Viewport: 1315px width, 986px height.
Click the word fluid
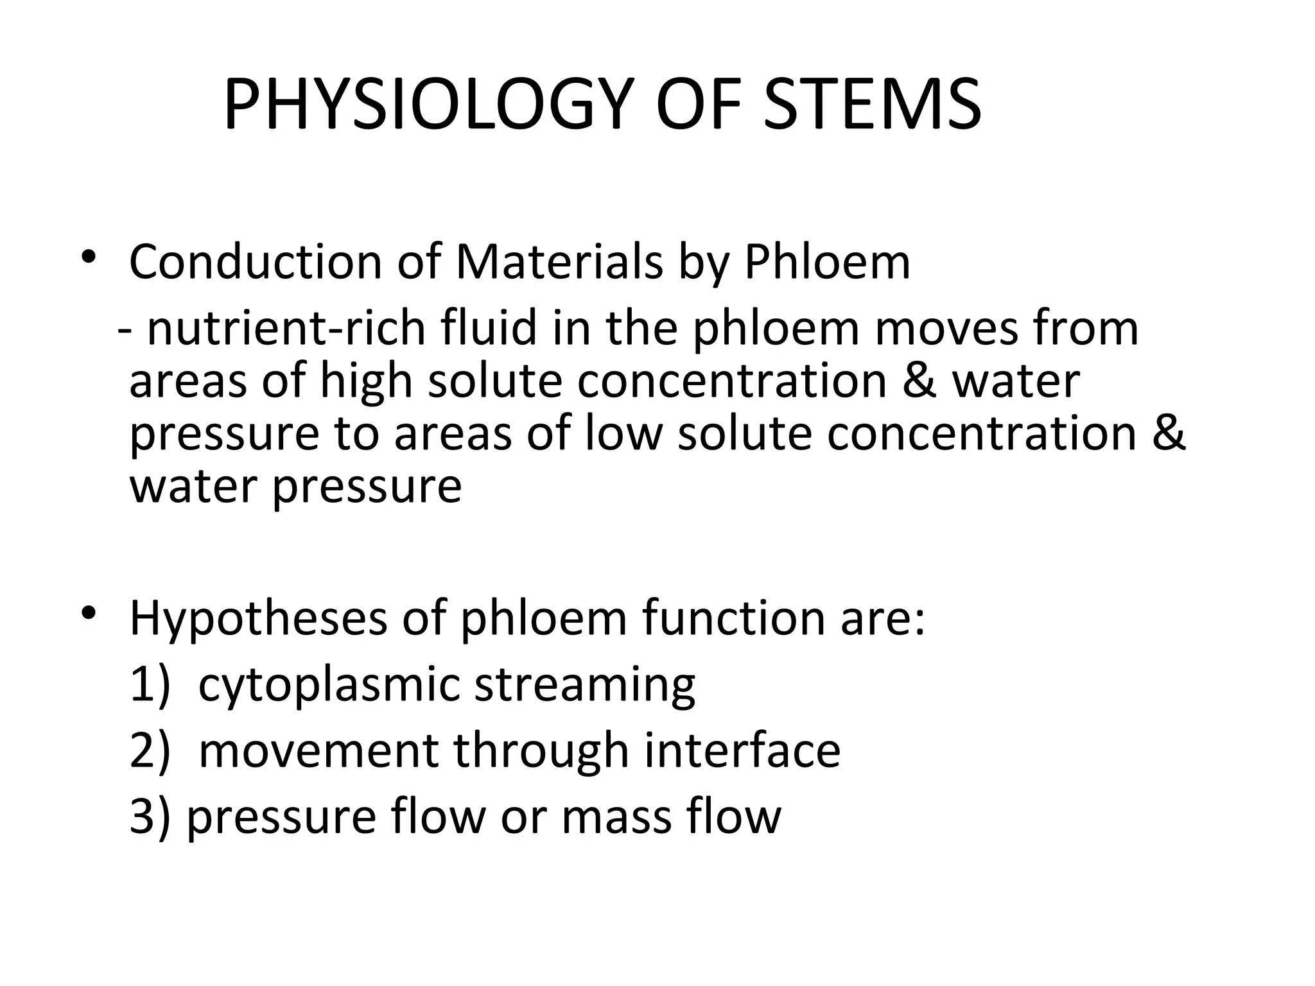point(489,328)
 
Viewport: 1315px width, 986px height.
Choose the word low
point(623,433)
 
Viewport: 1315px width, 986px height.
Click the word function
point(731,618)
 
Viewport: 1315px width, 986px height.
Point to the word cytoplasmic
point(329,686)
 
